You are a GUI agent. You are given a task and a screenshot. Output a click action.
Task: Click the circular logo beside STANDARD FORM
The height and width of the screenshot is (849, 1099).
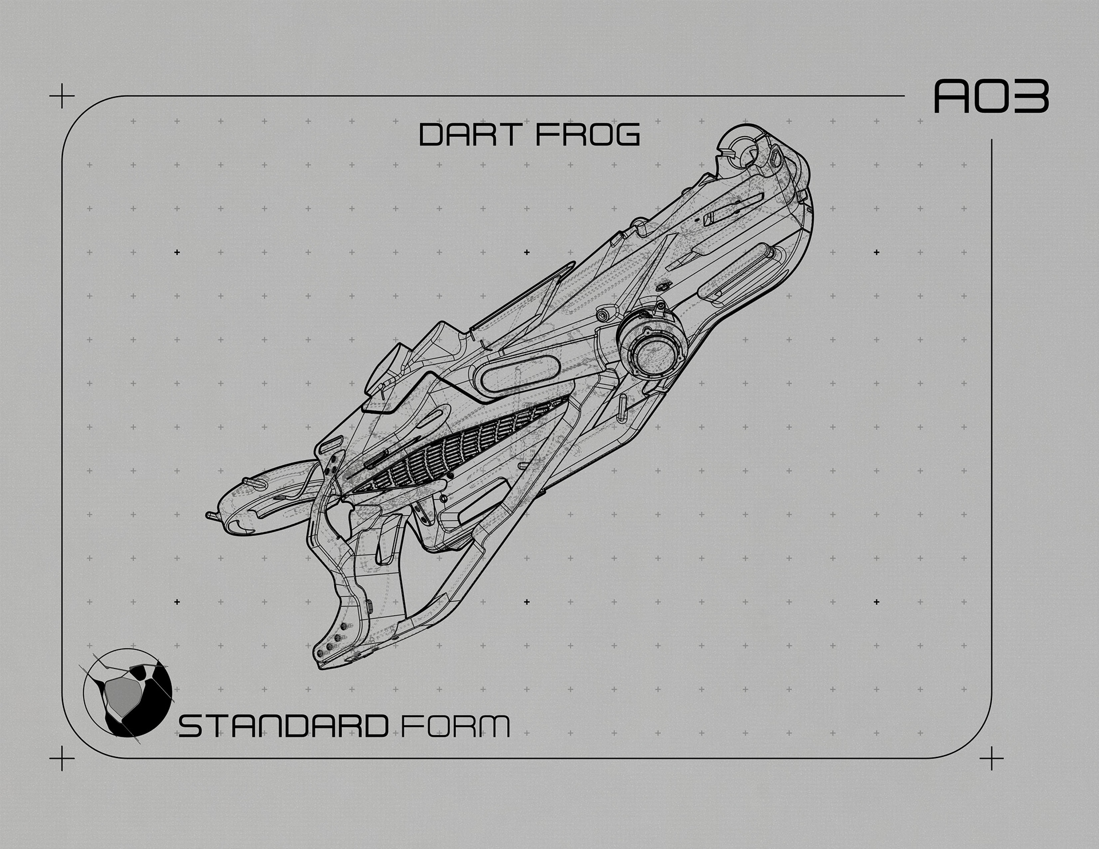point(128,691)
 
